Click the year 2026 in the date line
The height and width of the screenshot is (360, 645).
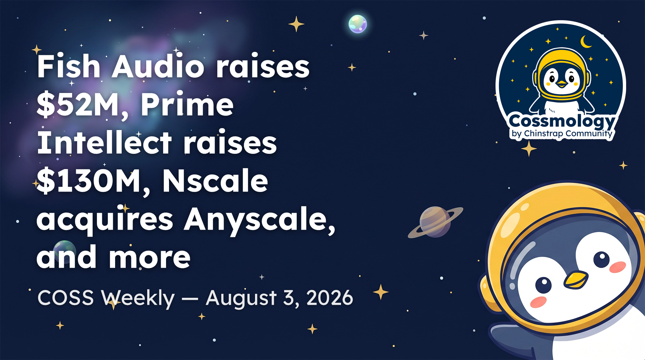coord(330,297)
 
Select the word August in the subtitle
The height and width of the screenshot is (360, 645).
coord(241,298)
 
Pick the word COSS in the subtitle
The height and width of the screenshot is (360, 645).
coord(65,297)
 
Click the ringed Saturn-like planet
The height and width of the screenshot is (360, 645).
coord(435,222)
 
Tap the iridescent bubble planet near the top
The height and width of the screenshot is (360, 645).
coord(358,24)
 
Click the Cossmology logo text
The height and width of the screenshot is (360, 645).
coord(562,121)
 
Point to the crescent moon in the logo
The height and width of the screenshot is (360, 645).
coord(585,42)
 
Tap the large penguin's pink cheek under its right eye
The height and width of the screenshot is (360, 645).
coord(618,267)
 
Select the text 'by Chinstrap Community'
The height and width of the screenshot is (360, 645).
coord(562,134)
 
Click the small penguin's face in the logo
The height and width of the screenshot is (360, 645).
coord(562,80)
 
